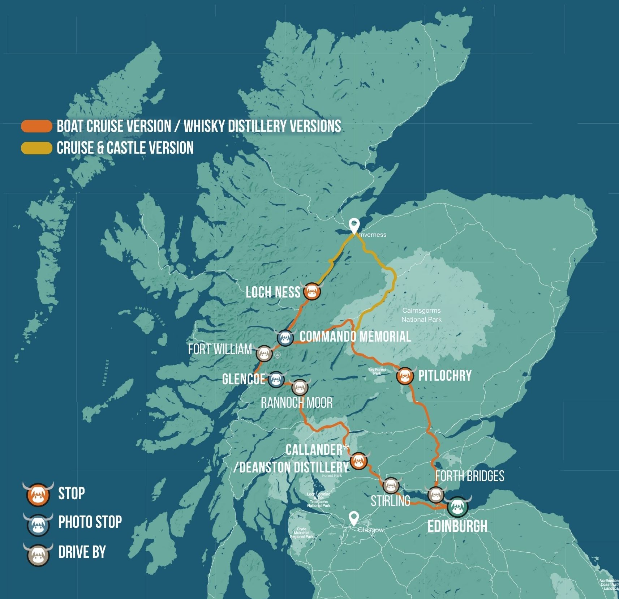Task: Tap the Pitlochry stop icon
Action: (405, 376)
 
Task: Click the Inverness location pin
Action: (354, 226)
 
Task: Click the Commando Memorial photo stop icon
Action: (285, 338)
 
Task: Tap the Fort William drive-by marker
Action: (264, 354)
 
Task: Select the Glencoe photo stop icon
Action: (276, 379)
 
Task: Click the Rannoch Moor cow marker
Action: (300, 388)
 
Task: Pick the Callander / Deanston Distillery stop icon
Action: (359, 461)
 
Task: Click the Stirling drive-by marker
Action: (391, 486)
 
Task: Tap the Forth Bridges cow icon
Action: (435, 495)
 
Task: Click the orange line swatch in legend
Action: (36, 126)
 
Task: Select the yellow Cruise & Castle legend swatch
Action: (36, 148)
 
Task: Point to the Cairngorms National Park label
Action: (421, 315)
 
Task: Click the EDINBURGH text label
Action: (457, 526)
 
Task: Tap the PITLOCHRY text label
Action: (445, 376)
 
